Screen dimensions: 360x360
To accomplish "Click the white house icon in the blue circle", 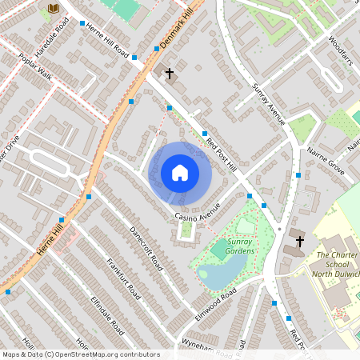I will pos(180,173).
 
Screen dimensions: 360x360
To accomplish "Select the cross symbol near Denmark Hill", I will pos(169,74).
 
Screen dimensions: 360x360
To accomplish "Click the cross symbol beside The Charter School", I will pos(300,241).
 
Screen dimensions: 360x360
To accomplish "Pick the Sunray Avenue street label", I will pos(268,104).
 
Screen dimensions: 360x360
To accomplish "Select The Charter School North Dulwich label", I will pos(338,265).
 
